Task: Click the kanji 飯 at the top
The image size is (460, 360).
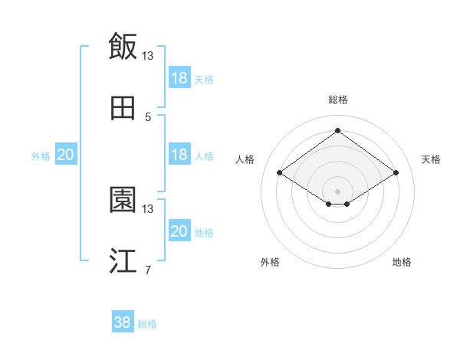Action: tap(123, 46)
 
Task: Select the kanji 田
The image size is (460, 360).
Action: tap(123, 109)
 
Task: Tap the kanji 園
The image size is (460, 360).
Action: tap(123, 200)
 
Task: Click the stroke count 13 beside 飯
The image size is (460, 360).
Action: tap(148, 56)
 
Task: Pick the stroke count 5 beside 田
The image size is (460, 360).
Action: tap(148, 117)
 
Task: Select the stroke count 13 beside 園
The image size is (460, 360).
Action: tap(148, 208)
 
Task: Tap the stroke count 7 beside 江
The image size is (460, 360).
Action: tap(148, 270)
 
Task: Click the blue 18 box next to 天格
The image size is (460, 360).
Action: tap(179, 78)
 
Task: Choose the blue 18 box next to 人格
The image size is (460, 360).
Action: tap(179, 155)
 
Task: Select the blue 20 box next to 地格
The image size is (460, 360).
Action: tap(179, 231)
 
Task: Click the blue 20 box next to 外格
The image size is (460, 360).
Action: tap(65, 155)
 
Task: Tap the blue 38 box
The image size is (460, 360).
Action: tap(123, 322)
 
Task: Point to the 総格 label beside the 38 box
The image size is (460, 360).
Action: tap(147, 324)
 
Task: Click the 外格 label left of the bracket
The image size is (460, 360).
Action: tap(41, 156)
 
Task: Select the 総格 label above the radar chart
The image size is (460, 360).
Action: tap(337, 100)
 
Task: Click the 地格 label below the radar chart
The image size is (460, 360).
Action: tap(402, 262)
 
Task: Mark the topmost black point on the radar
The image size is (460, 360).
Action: tap(337, 131)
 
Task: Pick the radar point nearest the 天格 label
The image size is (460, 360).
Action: tap(396, 173)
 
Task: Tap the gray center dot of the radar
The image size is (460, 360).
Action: tap(337, 190)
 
